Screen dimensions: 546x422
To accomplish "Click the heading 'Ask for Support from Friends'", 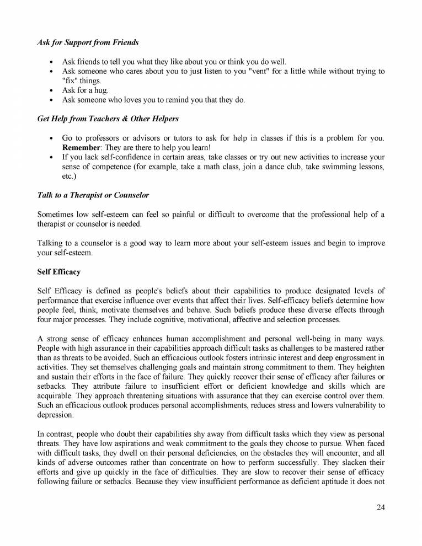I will pos(88,42).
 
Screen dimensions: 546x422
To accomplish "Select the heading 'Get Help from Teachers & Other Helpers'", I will pos(108,119).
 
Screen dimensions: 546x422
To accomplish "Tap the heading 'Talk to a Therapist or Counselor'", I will pos(93,195).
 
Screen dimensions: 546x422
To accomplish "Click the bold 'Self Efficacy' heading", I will pos(58,271).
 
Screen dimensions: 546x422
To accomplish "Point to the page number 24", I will pos(380,508).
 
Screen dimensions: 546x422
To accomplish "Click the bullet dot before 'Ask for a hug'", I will pos(51,90).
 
